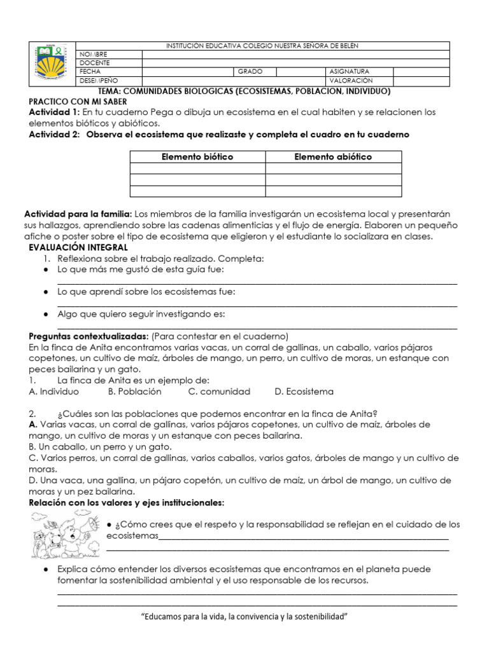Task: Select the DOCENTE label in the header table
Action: pos(95,63)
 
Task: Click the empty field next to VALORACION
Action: pos(421,81)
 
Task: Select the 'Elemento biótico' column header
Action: pos(197,156)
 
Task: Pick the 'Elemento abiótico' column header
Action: pos(333,156)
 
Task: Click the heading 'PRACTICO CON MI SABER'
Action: pos(78,102)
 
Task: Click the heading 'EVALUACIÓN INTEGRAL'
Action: pos(78,247)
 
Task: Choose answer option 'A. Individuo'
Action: pos(54,391)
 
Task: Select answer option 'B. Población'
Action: pos(134,391)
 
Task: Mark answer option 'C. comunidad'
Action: pos(220,391)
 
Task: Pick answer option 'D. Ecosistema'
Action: pos(304,391)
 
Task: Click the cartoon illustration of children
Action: pos(64,535)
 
